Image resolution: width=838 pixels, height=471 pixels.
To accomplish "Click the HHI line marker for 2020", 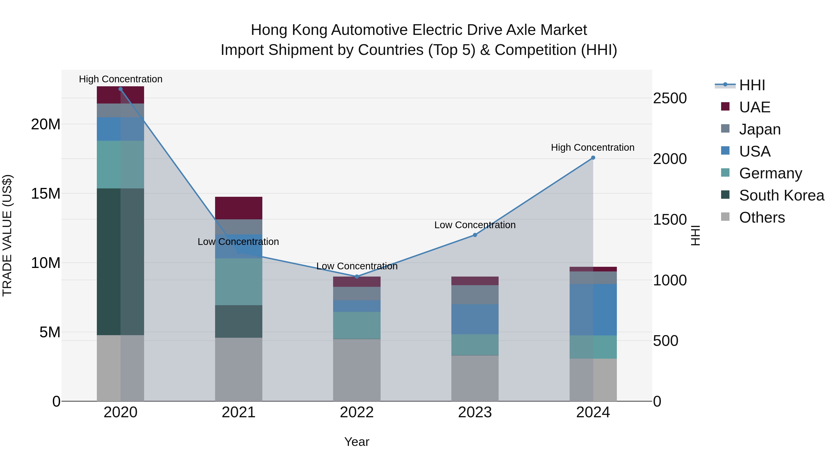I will pyautogui.click(x=120, y=89).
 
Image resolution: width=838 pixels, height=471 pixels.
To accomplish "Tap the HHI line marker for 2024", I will pyautogui.click(x=593, y=158).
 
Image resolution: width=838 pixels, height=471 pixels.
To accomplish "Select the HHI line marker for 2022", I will pyautogui.click(x=357, y=277).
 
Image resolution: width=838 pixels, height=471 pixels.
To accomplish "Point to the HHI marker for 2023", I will pyautogui.click(x=475, y=235).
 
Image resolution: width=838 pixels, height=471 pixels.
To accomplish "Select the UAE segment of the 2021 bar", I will pyautogui.click(x=238, y=208).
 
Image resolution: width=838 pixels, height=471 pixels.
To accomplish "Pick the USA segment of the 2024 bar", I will pyautogui.click(x=593, y=309).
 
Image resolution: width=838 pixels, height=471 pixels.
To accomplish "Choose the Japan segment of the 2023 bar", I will pyautogui.click(x=475, y=294).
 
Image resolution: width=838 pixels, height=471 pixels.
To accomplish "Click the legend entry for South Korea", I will pyautogui.click(x=781, y=195).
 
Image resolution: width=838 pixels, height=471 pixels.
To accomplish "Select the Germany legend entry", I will pyautogui.click(x=770, y=173).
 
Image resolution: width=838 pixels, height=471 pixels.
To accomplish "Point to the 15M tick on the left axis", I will pyautogui.click(x=46, y=194).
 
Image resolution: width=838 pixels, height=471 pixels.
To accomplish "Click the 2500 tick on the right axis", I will pyautogui.click(x=669, y=98).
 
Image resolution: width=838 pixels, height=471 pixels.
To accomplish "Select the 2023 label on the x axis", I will pyautogui.click(x=475, y=412).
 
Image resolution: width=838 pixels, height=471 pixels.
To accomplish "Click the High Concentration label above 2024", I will pyautogui.click(x=592, y=147).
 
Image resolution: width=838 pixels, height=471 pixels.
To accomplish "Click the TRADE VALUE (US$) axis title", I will pyautogui.click(x=7, y=235).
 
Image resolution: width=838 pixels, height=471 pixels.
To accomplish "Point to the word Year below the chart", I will pyautogui.click(x=357, y=442).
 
